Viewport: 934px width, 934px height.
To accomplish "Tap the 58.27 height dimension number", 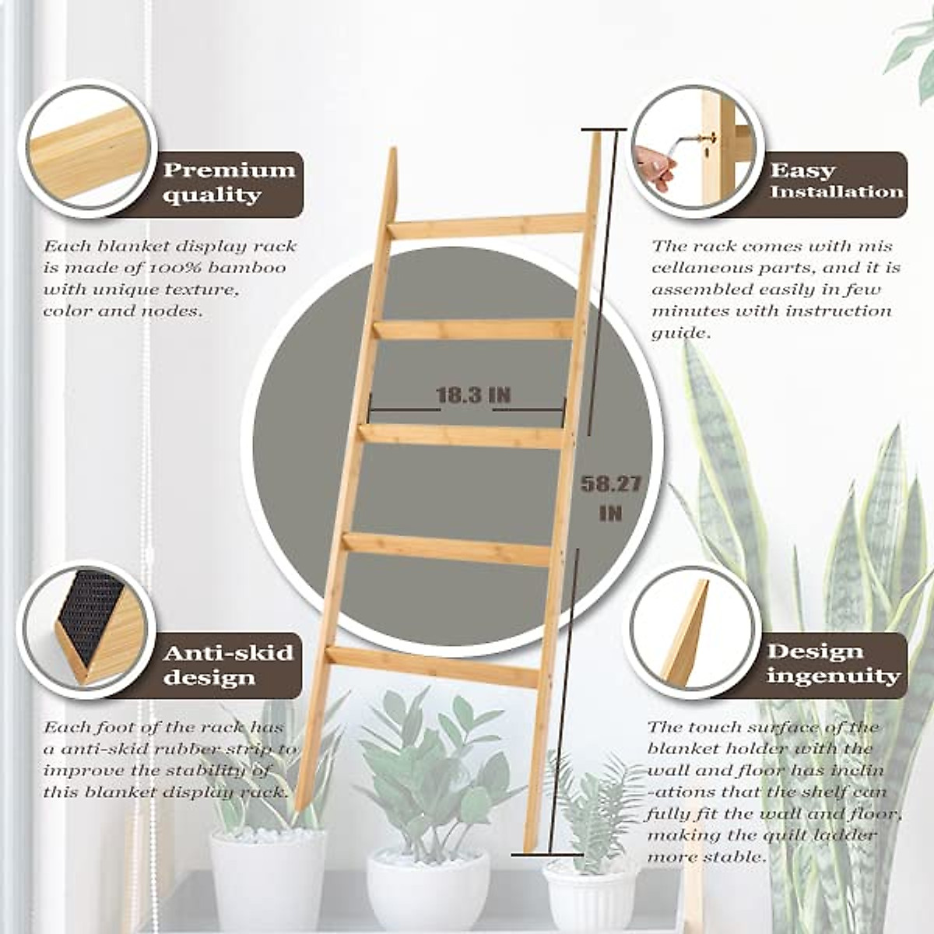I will [x=611, y=484].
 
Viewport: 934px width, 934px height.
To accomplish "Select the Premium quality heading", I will [x=229, y=182].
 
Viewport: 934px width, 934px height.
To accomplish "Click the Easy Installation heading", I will [x=837, y=181].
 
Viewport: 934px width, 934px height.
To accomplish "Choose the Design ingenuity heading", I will [x=833, y=663].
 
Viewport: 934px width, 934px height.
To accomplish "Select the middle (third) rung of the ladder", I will [x=464, y=435].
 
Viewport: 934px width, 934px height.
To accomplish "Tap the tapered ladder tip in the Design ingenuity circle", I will [x=685, y=630].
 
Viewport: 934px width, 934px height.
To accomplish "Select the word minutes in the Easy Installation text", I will [x=686, y=311].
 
